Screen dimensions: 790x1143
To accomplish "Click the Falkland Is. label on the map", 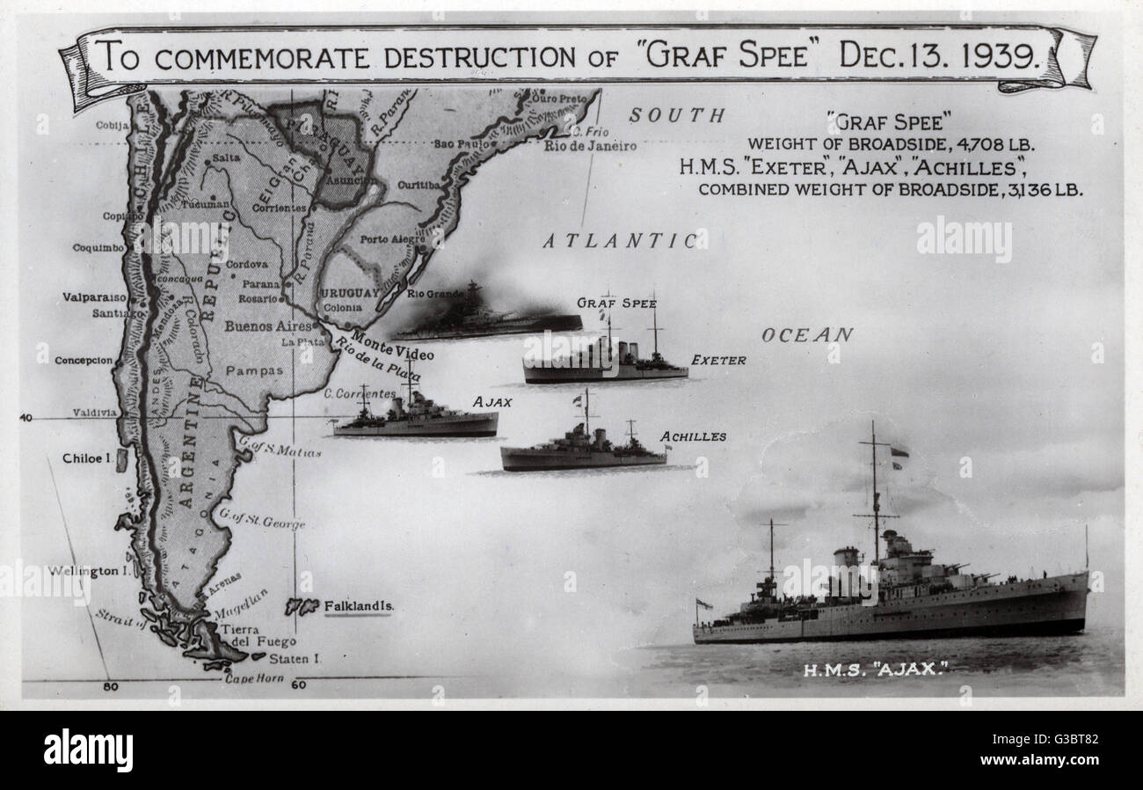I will [359, 606].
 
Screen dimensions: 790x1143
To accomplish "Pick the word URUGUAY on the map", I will [350, 293].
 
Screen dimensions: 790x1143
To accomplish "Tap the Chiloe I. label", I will [84, 458].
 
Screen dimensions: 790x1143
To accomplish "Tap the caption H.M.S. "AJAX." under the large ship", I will [875, 670].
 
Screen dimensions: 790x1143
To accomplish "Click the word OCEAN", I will [806, 335].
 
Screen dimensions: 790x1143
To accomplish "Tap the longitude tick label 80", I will [110, 686].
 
